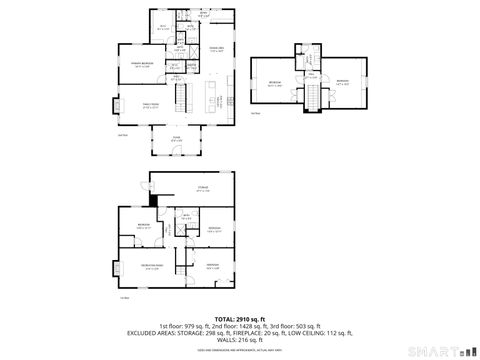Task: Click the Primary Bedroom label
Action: coord(141,64)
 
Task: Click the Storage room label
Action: coord(202,187)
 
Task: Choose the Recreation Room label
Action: coord(153,267)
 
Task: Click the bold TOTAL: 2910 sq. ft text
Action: coord(239,319)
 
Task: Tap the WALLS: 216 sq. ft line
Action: coord(239,341)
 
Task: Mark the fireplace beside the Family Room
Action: coord(115,104)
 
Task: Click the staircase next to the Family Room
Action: coord(183,99)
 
